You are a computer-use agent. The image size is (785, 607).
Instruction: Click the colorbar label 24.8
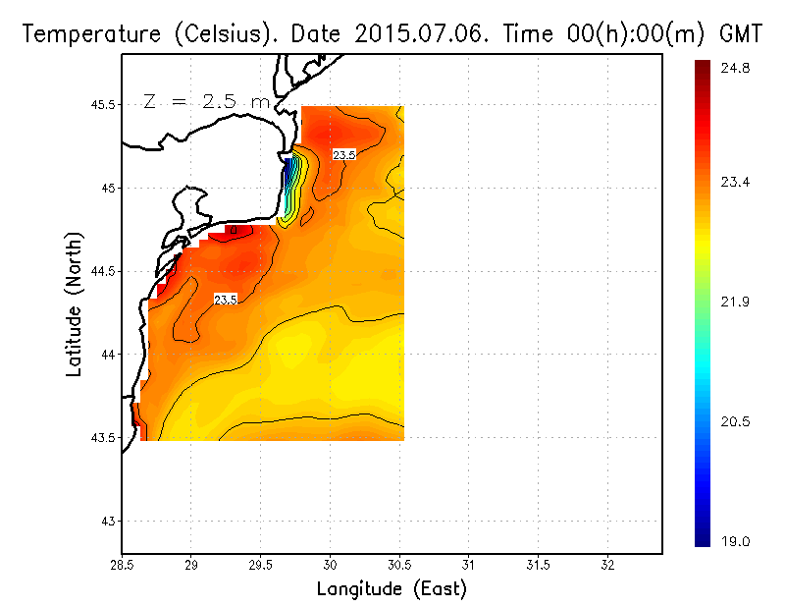735,69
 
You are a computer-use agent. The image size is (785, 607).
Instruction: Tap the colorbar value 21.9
735,302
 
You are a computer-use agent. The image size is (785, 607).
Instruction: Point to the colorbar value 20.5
735,421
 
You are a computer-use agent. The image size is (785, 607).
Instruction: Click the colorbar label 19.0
735,541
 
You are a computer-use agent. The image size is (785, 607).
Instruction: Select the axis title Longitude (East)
392,589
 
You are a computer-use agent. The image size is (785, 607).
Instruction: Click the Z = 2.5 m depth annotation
206,101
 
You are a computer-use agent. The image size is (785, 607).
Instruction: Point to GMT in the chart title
742,34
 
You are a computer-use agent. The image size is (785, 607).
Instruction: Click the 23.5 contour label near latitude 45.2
343,155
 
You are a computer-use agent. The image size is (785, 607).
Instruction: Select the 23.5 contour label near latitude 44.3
226,299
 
